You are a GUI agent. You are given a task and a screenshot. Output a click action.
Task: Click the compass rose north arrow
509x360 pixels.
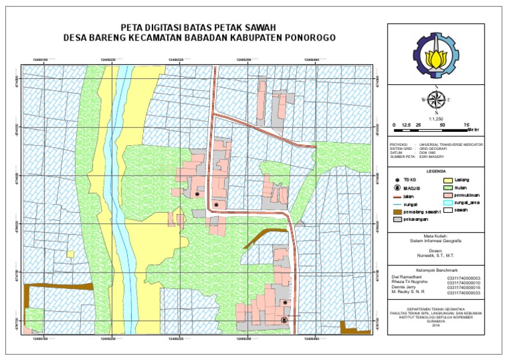tap(436, 100)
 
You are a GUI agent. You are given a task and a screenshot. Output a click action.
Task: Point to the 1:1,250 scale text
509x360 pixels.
tap(435, 118)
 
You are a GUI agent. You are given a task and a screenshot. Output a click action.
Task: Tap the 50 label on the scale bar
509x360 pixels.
tap(441, 125)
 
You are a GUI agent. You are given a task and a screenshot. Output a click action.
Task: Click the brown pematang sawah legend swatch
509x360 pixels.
tap(398, 211)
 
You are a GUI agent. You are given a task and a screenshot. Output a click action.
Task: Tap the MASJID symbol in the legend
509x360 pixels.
tap(396, 188)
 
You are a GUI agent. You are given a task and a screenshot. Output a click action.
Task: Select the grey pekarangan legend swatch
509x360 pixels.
tap(398, 219)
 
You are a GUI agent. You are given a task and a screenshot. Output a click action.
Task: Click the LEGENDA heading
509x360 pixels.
tap(435, 171)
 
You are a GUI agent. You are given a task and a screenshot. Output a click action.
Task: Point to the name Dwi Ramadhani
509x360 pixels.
tap(406, 277)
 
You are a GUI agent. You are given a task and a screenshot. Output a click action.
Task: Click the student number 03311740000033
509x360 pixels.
tap(463, 292)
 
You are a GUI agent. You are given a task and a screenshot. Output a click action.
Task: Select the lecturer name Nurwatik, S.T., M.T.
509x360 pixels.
tap(435, 255)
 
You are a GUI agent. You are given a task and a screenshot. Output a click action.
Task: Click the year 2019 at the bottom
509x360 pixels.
tap(435, 325)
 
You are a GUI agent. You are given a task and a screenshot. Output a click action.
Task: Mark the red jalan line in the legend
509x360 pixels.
tap(397, 196)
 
